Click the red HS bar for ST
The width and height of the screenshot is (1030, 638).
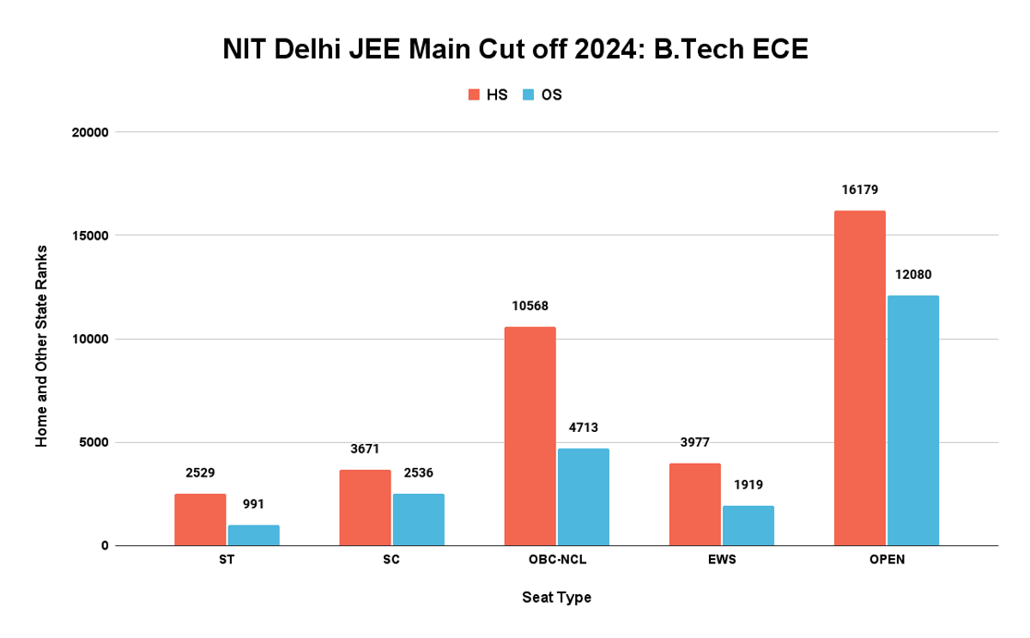pos(200,520)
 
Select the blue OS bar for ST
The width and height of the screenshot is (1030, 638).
pos(253,535)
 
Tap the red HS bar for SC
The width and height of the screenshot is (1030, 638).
pos(365,507)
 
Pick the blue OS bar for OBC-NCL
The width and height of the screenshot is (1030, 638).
pos(583,496)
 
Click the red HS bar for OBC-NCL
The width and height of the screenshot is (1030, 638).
pos(530,436)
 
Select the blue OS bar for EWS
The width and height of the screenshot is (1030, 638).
pos(748,526)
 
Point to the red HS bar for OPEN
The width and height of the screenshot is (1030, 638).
pos(859,378)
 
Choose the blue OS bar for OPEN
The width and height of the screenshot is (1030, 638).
pos(912,421)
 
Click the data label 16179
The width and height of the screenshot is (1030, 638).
pos(859,190)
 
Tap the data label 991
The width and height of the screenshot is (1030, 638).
pos(253,504)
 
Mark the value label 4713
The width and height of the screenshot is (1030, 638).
pos(583,428)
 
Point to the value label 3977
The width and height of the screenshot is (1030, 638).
pos(694,442)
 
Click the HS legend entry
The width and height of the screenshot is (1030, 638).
pos(488,94)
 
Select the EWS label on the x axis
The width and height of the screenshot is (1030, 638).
pos(722,560)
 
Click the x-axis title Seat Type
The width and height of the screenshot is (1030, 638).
pos(556,597)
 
